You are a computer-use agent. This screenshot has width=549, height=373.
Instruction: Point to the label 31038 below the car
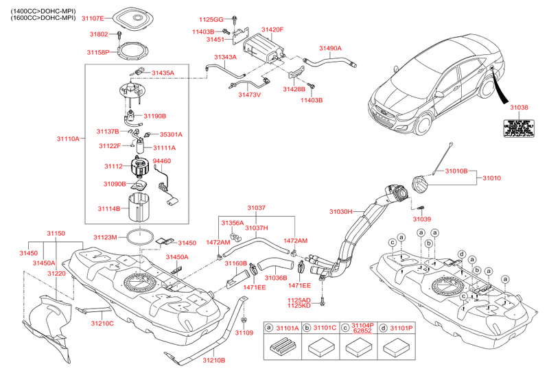point(519,108)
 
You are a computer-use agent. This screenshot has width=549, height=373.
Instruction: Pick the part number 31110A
point(69,139)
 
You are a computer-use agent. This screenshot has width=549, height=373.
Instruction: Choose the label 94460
point(161,161)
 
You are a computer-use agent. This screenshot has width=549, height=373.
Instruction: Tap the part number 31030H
point(340,212)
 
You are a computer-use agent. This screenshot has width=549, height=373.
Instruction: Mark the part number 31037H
point(256,228)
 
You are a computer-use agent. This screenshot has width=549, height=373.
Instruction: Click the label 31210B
point(213,359)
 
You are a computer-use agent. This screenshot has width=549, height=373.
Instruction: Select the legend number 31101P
point(401,328)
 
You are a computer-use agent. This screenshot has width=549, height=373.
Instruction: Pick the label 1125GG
point(212,20)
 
